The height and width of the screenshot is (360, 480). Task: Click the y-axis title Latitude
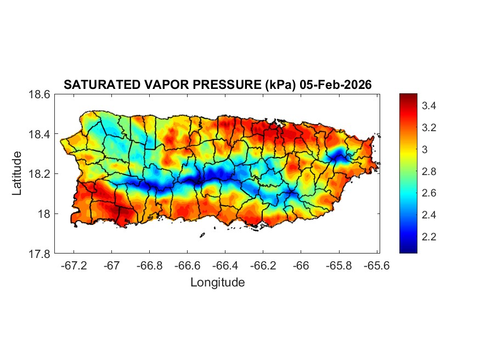(x=17, y=173)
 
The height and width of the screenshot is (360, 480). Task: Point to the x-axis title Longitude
(x=217, y=283)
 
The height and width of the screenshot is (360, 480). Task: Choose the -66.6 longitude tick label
(x=187, y=265)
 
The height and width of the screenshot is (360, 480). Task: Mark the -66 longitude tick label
(x=301, y=265)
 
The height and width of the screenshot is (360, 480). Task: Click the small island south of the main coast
(x=202, y=235)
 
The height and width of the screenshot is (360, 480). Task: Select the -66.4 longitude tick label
(x=225, y=265)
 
